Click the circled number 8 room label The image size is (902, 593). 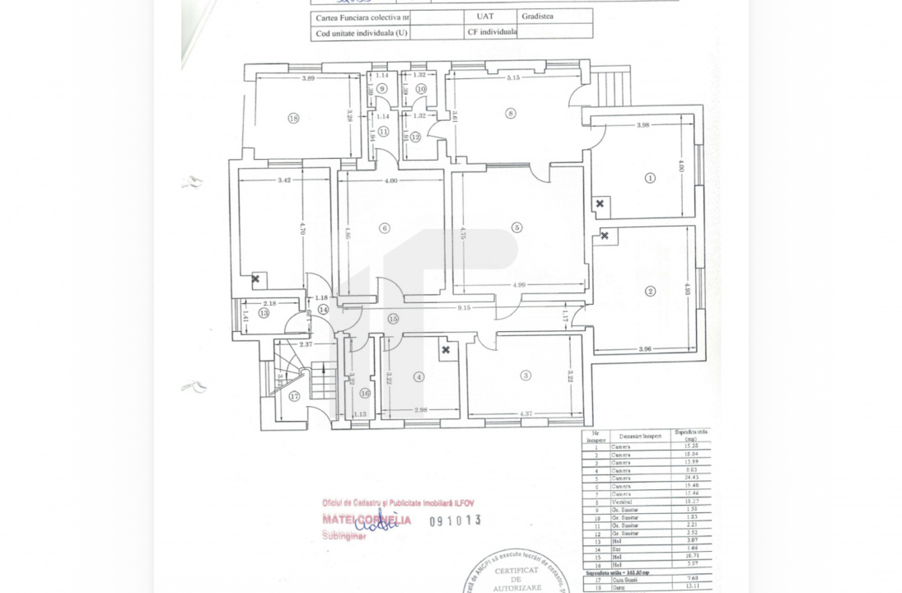[x=511, y=114]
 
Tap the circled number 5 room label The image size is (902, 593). [x=516, y=227]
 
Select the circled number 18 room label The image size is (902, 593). [x=293, y=119]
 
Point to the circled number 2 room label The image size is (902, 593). [x=650, y=291]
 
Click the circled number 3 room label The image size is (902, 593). [x=526, y=376]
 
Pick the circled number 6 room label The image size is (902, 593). [x=384, y=228]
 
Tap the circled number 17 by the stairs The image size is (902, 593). [x=295, y=396]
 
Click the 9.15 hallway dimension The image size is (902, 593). [x=464, y=308]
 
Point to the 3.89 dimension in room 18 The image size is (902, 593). [x=309, y=78]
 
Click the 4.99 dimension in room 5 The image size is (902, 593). [x=519, y=285]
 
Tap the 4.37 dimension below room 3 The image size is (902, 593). [x=526, y=413]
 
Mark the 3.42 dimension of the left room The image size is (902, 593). [x=285, y=180]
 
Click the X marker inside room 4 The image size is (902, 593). [x=446, y=350]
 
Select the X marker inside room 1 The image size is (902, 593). [x=599, y=203]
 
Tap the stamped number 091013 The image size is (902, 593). [x=455, y=521]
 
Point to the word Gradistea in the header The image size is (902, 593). [x=540, y=15]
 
